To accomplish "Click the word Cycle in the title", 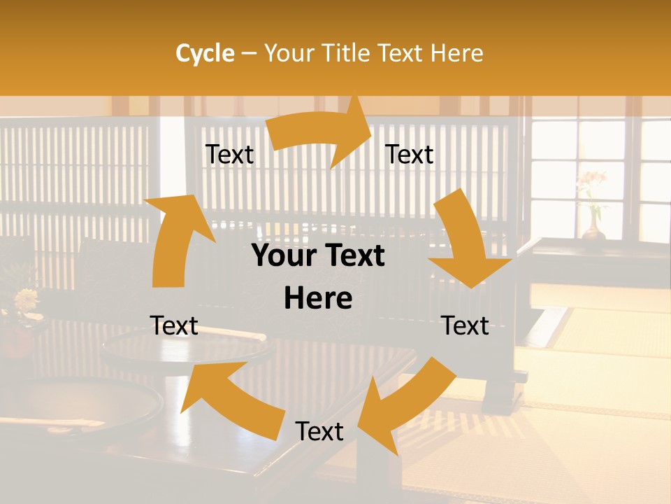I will [205, 53].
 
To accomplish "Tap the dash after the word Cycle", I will [249, 54].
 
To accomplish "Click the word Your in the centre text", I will [282, 256].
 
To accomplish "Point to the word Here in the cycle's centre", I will [318, 299].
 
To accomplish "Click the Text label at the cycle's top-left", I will [229, 155].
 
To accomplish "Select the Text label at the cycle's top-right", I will [410, 155].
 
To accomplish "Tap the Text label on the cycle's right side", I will [466, 325].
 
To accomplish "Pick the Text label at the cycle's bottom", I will [319, 431].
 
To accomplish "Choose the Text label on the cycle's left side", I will [174, 325].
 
